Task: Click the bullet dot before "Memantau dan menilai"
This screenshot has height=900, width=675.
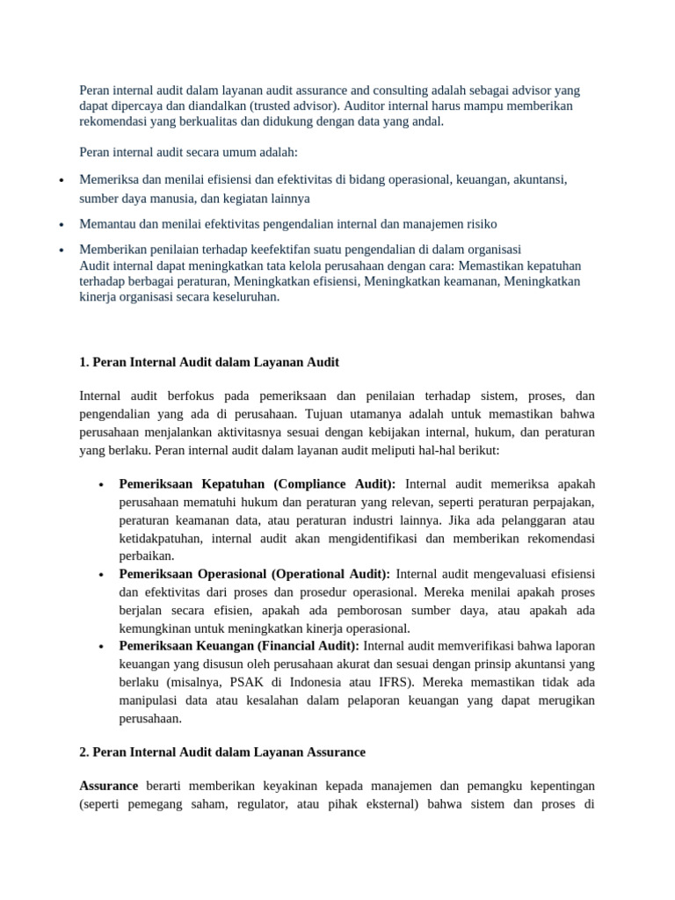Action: [x=61, y=225]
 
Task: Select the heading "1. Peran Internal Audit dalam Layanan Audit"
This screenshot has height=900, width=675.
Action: [x=209, y=362]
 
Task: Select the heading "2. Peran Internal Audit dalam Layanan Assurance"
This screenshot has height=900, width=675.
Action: [x=222, y=752]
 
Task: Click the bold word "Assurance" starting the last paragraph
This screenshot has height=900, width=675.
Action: [x=109, y=785]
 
